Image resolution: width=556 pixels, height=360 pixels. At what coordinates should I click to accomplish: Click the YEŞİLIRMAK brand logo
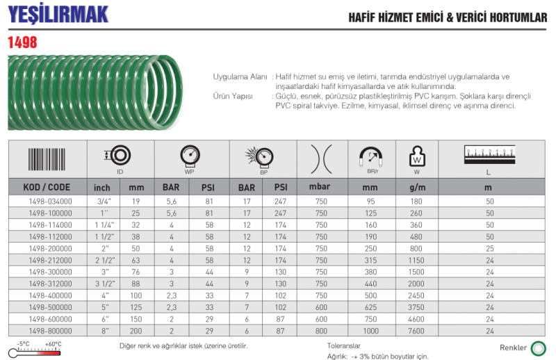[x=58, y=14]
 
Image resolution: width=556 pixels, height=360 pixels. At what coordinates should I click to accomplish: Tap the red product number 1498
[x=22, y=42]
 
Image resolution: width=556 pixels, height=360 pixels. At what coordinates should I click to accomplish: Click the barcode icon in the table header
[x=47, y=159]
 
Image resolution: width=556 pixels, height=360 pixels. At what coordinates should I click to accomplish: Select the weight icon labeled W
[x=417, y=156]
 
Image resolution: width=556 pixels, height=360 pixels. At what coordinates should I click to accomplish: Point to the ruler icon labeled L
[x=490, y=155]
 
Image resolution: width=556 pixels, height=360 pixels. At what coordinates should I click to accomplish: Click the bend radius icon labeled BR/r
[x=371, y=157]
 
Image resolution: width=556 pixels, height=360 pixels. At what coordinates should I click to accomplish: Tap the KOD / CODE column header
[x=47, y=187]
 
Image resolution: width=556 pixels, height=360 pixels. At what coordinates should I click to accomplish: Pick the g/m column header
[x=417, y=187]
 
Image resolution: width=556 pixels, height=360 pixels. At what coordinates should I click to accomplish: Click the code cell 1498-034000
[x=50, y=202]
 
